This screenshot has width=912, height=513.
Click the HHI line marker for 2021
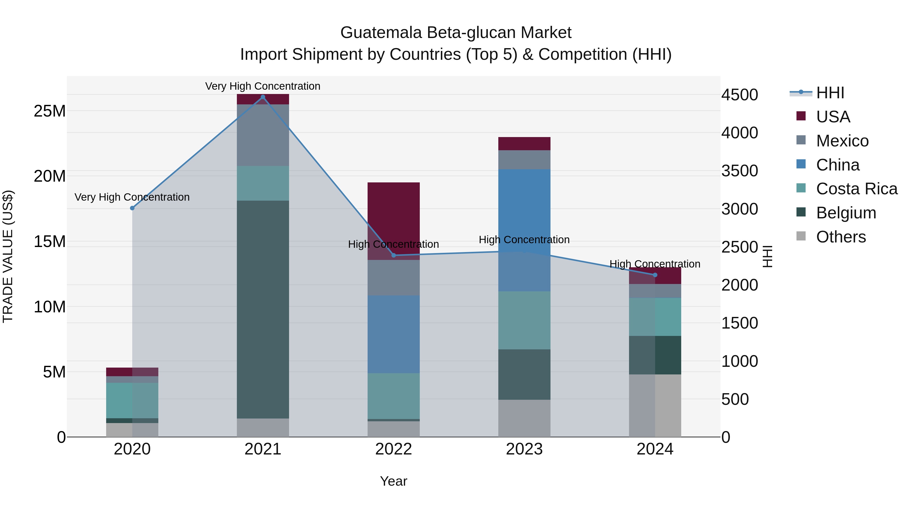[263, 97]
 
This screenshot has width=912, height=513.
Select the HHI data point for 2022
[393, 255]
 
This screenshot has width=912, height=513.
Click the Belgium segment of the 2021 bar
[263, 310]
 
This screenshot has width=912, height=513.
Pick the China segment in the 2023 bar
[524, 230]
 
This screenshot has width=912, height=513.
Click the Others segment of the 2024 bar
[655, 405]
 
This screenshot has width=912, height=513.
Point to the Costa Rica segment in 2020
[132, 401]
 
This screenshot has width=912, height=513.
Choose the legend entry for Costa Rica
[857, 189]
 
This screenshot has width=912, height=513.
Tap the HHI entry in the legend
[830, 93]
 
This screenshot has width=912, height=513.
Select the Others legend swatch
[801, 236]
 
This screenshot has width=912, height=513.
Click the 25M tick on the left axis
[50, 111]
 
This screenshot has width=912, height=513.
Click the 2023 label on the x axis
[524, 449]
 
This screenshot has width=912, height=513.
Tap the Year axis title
[393, 481]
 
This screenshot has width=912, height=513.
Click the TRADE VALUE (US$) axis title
[8, 256]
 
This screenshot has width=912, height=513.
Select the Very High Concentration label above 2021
[263, 86]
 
